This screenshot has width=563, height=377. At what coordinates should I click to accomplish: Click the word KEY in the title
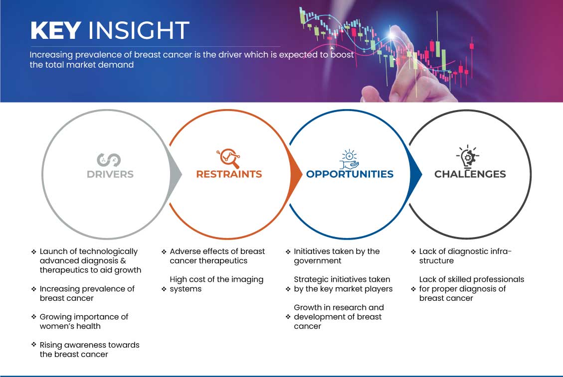click(55, 30)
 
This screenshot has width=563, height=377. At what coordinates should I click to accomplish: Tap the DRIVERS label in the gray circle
click(110, 174)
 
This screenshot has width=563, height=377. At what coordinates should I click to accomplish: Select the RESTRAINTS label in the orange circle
click(229, 174)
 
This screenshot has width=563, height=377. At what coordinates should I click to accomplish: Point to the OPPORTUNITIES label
click(350, 174)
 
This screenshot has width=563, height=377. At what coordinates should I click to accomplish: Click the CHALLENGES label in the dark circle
click(470, 174)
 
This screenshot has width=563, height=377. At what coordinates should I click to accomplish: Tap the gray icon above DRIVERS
click(110, 159)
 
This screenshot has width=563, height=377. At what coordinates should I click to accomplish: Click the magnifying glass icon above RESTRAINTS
click(228, 158)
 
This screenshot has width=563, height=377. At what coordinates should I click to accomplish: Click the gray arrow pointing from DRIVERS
click(176, 174)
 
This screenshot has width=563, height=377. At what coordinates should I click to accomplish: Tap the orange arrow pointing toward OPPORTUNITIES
click(296, 174)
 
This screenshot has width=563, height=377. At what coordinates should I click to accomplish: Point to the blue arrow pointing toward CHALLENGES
click(416, 174)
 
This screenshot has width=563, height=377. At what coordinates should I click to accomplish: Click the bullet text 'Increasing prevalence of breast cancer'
click(87, 293)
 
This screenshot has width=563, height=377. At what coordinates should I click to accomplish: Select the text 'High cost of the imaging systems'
click(216, 284)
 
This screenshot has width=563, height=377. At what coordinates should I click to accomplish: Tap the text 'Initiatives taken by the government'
click(337, 256)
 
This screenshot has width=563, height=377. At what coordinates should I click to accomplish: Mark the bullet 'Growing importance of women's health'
click(84, 321)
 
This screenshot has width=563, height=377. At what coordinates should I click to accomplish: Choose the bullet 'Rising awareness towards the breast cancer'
click(89, 350)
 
